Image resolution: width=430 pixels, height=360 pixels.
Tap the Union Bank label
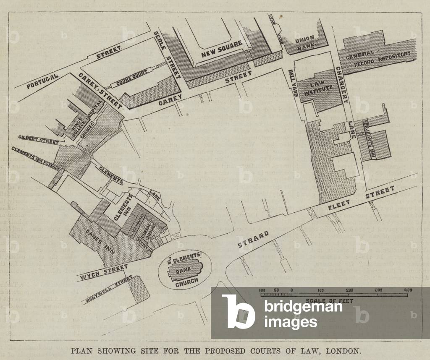coord(305,43)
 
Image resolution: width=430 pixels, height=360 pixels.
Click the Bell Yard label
coord(293,83)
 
